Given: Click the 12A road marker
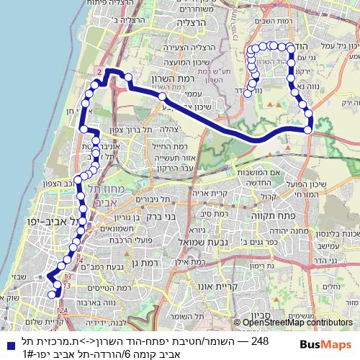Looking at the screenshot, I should tap(63, 310).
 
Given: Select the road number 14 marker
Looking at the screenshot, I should tap(80, 261).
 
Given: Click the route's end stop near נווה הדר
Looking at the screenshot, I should tap(247, 93).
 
